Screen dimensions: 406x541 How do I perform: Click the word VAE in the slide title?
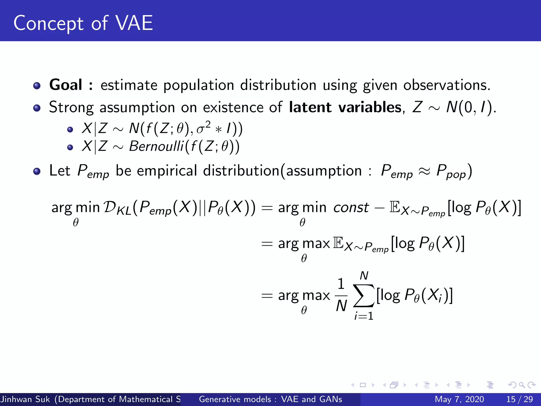click(x=134, y=23)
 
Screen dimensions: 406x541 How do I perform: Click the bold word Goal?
click(x=66, y=85)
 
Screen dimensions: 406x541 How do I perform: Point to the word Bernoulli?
click(x=156, y=146)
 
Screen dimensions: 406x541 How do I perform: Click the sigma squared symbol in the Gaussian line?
click(x=203, y=128)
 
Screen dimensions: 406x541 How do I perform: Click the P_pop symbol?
click(x=451, y=171)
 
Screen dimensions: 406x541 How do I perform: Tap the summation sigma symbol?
click(x=364, y=296)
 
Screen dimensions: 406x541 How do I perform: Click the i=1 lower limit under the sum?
click(x=364, y=316)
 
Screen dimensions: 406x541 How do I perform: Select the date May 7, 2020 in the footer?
click(x=459, y=399)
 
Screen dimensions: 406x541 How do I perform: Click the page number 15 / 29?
click(x=519, y=399)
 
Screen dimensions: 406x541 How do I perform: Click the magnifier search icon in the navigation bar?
click(x=522, y=385)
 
